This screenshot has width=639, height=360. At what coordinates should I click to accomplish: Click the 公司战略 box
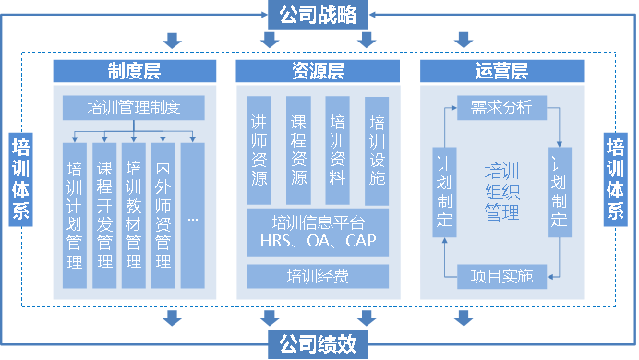coord(318,13)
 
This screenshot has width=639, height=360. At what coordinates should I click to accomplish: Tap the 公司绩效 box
coord(318,345)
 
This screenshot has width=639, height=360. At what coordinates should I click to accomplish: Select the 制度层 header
coord(135,71)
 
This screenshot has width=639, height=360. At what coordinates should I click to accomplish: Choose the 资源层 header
coord(318,71)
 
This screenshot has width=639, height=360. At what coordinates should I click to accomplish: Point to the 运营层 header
coord(501,71)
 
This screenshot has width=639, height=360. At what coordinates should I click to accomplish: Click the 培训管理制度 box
coord(133,108)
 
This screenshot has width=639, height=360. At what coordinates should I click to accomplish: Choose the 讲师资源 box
coord(259,150)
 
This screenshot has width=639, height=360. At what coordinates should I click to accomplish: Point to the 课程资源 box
coord(298,150)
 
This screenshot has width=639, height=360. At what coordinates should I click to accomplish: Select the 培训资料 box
coord(338,150)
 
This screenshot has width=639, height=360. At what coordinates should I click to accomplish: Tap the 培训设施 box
coord(377,150)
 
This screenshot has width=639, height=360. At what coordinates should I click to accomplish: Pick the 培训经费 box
coord(318,275)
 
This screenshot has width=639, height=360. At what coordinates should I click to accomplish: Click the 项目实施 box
coord(500,273)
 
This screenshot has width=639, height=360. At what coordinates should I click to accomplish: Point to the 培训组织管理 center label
coord(502,191)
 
